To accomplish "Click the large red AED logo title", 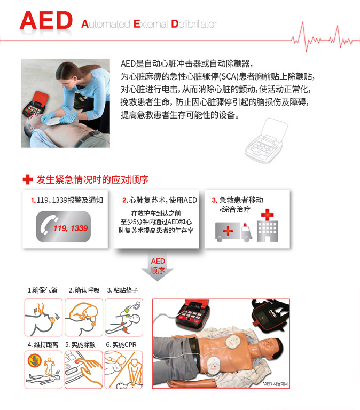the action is tap(46, 20).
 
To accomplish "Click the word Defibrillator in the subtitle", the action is tap(194, 24).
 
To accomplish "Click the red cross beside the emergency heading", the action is tap(28, 179).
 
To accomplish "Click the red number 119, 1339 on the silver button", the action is tap(71, 228).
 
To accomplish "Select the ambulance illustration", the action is tap(233, 232).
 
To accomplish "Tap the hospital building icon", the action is tap(268, 225).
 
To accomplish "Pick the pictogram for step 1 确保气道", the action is tap(43, 318).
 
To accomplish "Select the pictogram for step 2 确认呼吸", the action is tap(84, 318).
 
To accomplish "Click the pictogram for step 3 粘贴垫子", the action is tap(124, 318).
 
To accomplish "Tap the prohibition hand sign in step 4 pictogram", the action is tap(35, 361).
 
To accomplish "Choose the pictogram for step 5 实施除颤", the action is tap(84, 369).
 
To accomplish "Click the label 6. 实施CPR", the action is tap(121, 345).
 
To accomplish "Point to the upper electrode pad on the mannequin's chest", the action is tap(233, 342).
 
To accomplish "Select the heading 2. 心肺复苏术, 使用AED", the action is tap(160, 200).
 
